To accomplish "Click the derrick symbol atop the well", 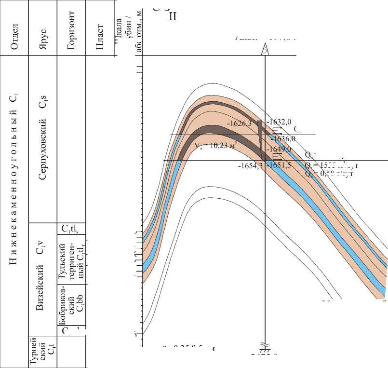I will (x=265, y=49).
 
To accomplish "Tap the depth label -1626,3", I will (x=241, y=123).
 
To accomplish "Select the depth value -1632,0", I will (x=281, y=123).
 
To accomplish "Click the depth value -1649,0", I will (x=280, y=149).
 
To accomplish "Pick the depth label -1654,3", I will (x=250, y=165).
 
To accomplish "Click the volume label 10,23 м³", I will (x=214, y=145).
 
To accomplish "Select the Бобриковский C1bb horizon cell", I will (x=70, y=307).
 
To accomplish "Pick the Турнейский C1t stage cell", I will (x=42, y=353).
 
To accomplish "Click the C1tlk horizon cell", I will (x=71, y=229).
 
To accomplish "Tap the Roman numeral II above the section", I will (x=173, y=16).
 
